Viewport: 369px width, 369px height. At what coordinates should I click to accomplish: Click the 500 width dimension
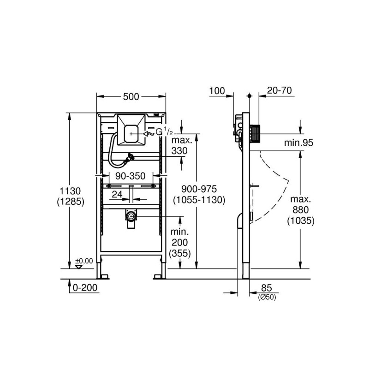click(x=131, y=97)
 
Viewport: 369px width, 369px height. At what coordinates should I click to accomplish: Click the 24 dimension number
click(x=117, y=195)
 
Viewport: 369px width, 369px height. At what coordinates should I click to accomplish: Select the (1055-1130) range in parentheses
click(x=199, y=200)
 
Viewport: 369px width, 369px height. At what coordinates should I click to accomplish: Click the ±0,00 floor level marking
click(x=84, y=261)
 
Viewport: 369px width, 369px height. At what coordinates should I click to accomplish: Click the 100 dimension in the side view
click(x=216, y=91)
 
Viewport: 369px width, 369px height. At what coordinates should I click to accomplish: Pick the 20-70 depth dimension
click(x=280, y=91)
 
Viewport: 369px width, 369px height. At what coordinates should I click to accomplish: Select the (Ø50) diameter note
click(x=266, y=298)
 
